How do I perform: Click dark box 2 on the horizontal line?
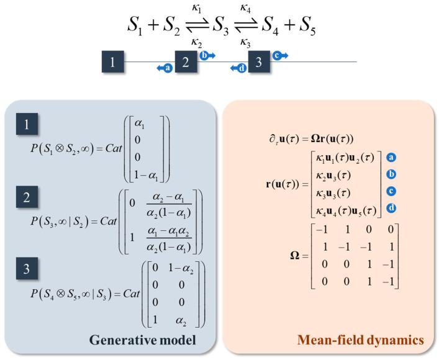(186, 62)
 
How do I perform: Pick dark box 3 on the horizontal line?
(259, 62)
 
